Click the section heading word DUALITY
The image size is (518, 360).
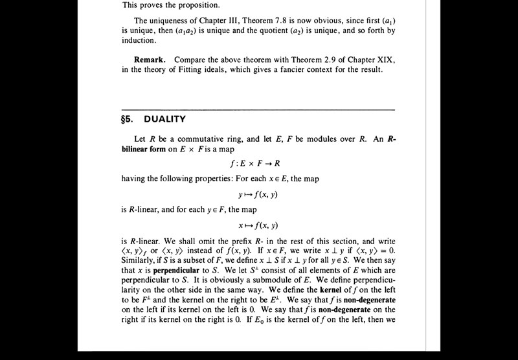click(164, 119)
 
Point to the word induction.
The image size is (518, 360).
click(139, 40)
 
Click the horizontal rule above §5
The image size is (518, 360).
click(258, 109)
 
